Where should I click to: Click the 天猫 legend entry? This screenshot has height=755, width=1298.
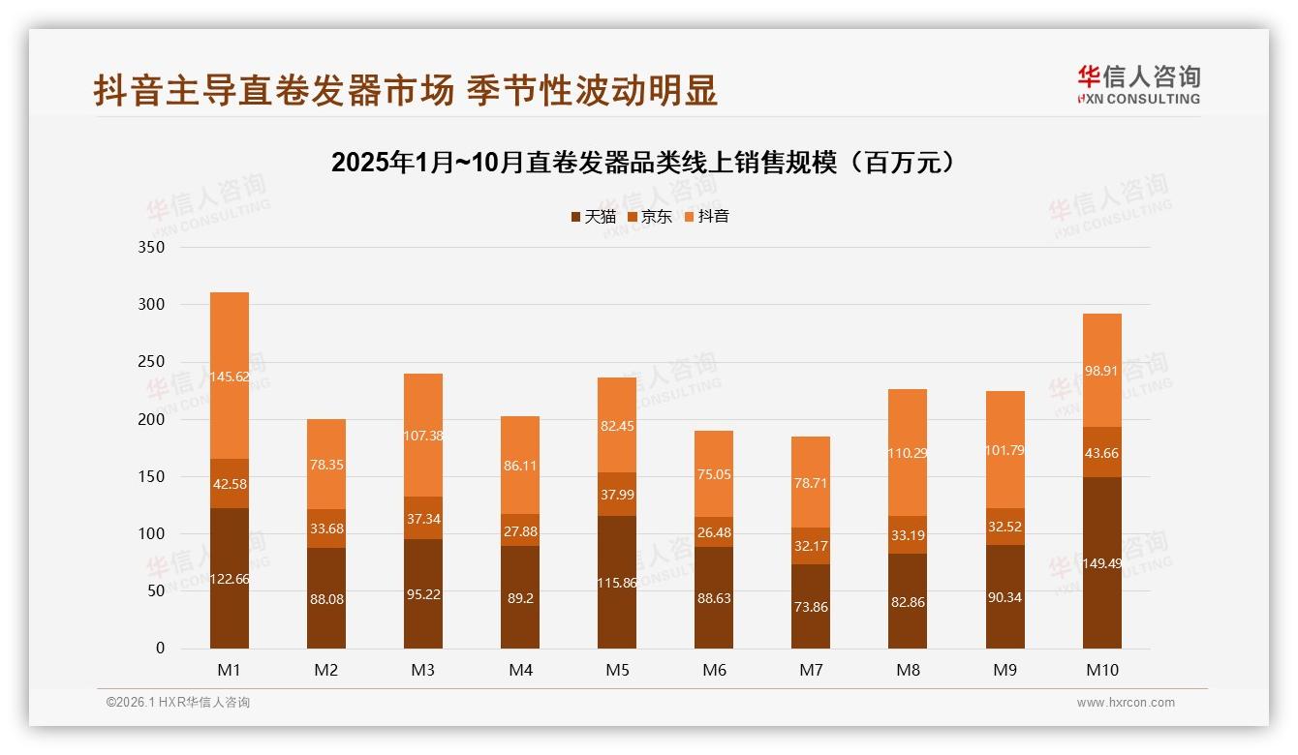593,217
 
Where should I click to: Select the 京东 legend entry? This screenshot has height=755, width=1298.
649,217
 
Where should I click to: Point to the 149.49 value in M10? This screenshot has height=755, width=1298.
1101,563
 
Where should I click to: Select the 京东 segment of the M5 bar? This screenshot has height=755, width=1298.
617,495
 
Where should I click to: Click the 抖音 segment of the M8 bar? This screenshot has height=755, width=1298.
908,452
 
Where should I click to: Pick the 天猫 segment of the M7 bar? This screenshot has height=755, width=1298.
811,607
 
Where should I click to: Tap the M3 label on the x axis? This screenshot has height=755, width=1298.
423,670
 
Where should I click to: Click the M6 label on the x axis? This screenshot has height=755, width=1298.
714,670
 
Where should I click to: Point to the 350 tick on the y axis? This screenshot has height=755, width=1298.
153,248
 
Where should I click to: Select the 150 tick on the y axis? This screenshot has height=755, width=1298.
153,477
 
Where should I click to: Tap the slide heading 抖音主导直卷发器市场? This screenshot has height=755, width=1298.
405,91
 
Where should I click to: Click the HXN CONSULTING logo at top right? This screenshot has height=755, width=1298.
1138,85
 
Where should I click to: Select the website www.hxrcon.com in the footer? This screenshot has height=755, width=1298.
1126,703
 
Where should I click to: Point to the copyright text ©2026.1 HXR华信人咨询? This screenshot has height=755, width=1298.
178,703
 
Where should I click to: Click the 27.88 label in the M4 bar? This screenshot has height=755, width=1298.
520,531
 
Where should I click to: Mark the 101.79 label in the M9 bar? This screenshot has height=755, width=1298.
1004,450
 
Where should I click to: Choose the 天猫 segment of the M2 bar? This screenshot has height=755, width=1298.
326,599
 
